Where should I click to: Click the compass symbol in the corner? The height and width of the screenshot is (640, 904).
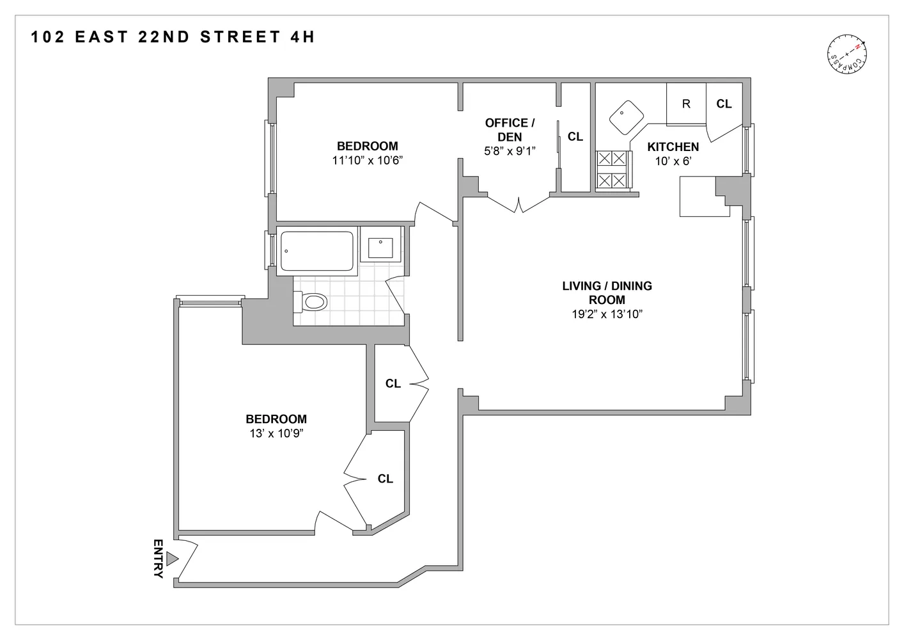pyautogui.click(x=848, y=54)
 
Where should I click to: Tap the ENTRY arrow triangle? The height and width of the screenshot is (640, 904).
pyautogui.click(x=171, y=559)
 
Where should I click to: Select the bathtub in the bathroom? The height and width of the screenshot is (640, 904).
pyautogui.click(x=317, y=251)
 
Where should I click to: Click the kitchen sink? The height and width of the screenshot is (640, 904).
pyautogui.click(x=626, y=117)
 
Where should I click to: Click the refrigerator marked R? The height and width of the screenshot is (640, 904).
pyautogui.click(x=686, y=104)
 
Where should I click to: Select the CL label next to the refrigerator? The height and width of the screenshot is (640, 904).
pyautogui.click(x=724, y=104)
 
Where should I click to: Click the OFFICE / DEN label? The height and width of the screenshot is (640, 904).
pyautogui.click(x=510, y=129)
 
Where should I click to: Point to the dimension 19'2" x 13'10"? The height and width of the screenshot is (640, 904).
pyautogui.click(x=607, y=314)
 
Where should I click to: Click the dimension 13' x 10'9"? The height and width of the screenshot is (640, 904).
pyautogui.click(x=276, y=433)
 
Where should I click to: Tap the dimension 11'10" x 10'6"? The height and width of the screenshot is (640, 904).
pyautogui.click(x=367, y=160)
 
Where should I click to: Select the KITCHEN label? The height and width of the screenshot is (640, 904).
pyautogui.click(x=673, y=147)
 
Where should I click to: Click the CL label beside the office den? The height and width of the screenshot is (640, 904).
pyautogui.click(x=575, y=136)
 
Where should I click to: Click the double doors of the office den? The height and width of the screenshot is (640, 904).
pyautogui.click(x=518, y=204)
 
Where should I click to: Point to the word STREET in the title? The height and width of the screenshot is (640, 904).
pyautogui.click(x=240, y=37)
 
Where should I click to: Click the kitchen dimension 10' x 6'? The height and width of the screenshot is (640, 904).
pyautogui.click(x=673, y=161)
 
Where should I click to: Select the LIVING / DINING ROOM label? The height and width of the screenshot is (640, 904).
pyautogui.click(x=607, y=292)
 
